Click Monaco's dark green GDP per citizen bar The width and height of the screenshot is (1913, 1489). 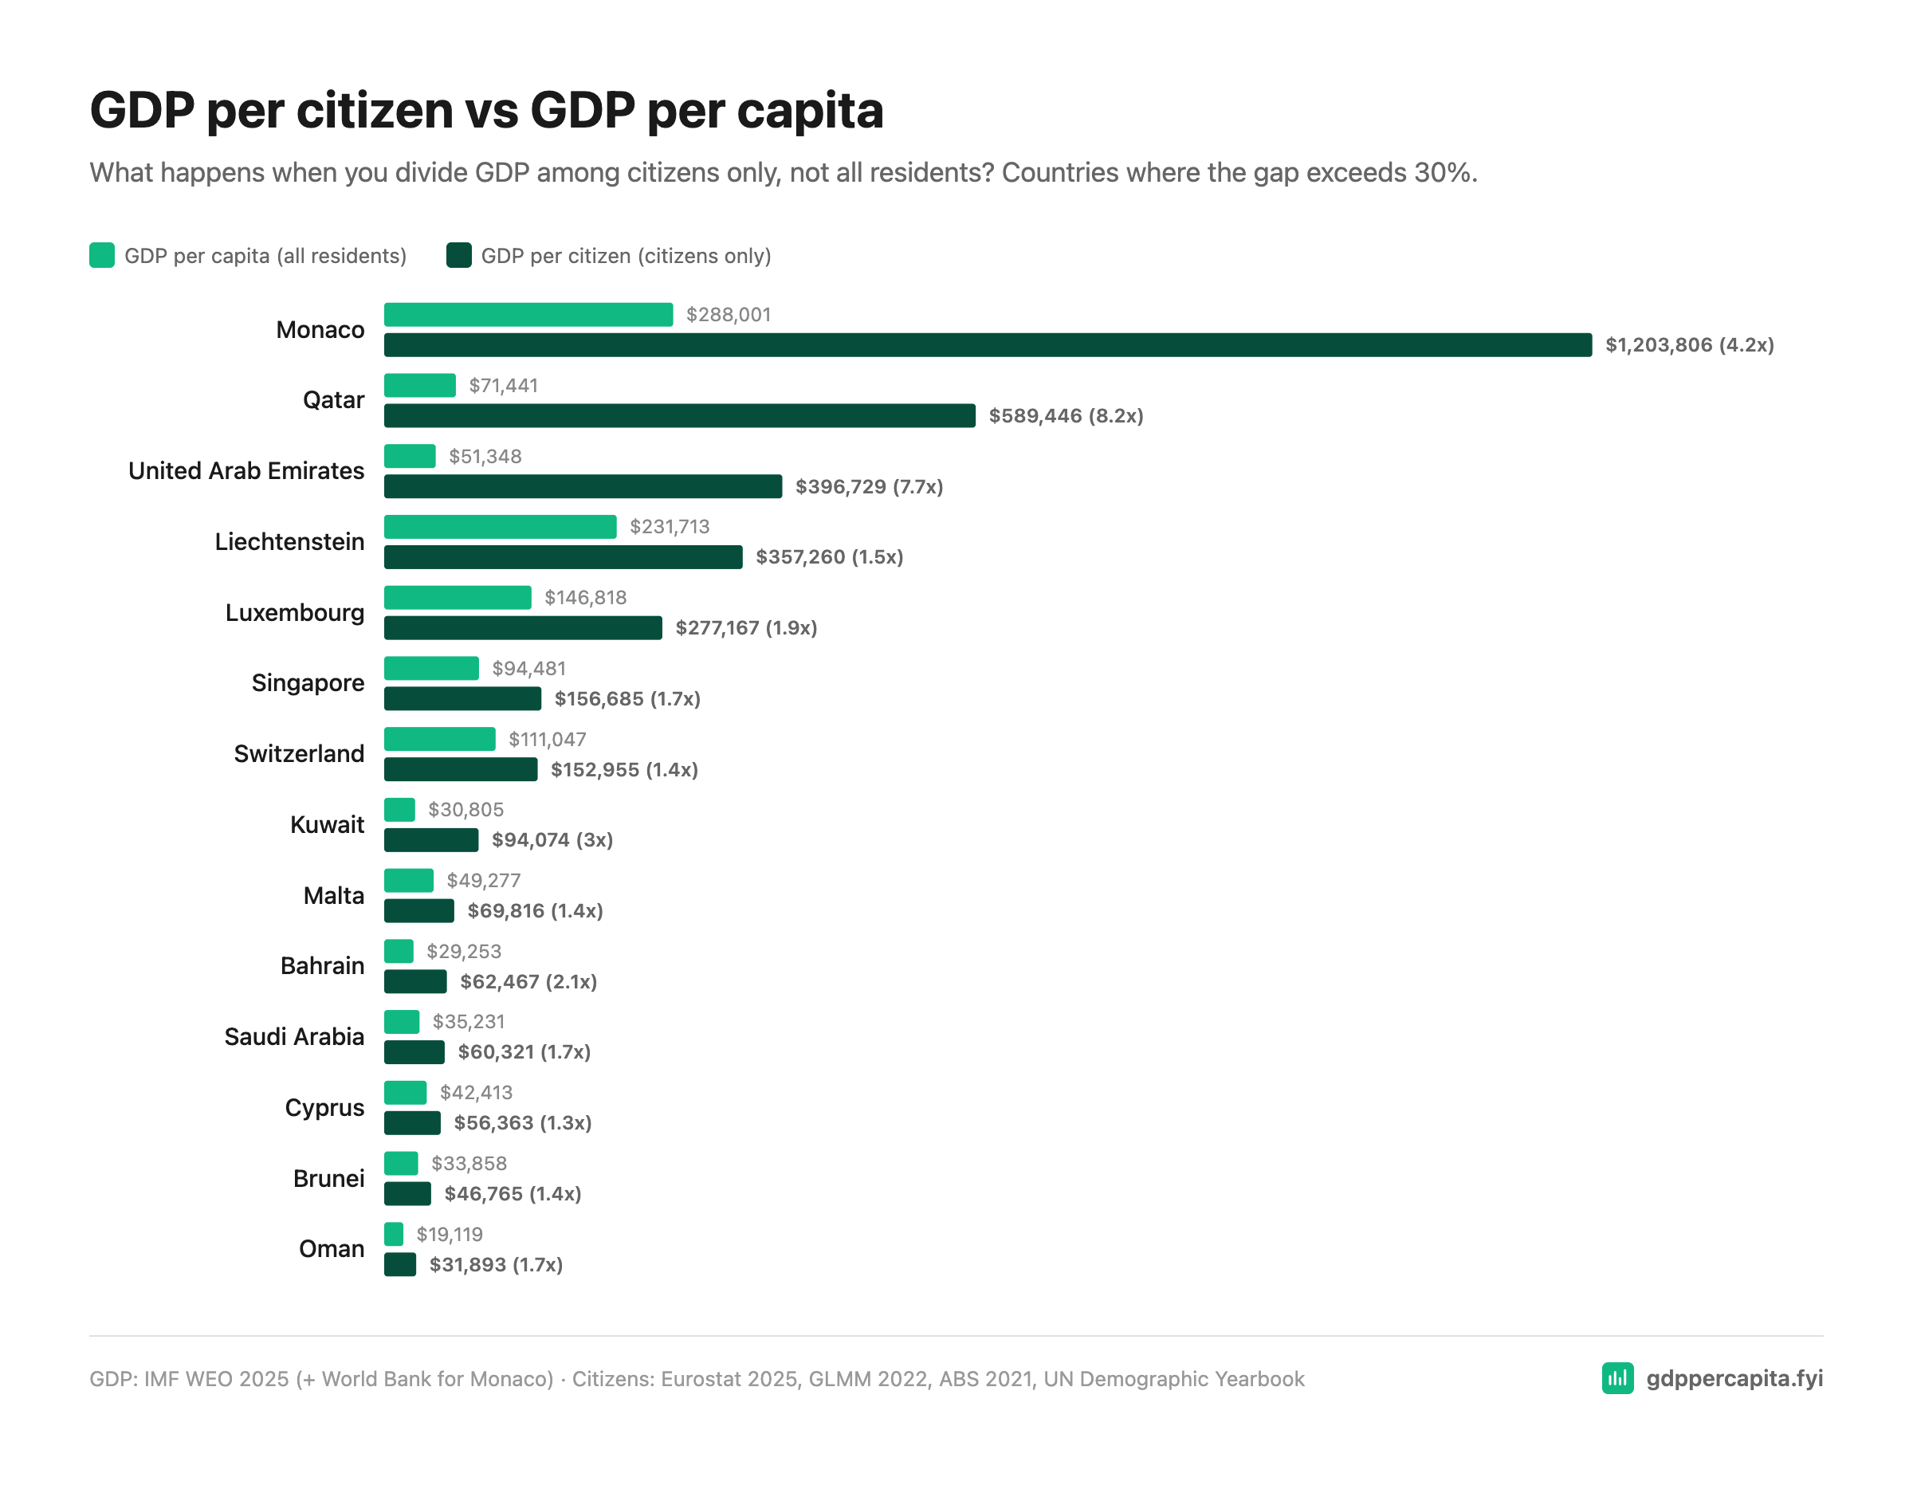point(987,345)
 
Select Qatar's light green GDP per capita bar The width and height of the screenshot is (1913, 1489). point(419,385)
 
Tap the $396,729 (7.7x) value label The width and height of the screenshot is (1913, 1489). point(869,487)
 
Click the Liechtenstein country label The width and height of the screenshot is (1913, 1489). point(289,542)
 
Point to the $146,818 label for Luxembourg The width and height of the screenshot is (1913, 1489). point(585,598)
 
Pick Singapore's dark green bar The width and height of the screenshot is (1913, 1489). point(462,699)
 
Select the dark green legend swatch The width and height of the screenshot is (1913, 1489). point(459,256)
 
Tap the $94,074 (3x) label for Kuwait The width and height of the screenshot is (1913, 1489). point(552,841)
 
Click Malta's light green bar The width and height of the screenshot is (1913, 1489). point(408,880)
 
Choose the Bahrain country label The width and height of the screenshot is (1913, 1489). point(321,966)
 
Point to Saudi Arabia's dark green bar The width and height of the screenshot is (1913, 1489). point(414,1053)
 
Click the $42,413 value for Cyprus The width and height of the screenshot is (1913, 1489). point(476,1093)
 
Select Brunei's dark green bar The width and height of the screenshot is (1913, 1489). point(407,1194)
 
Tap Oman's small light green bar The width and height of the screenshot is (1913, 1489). point(393,1235)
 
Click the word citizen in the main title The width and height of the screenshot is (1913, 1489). point(374,112)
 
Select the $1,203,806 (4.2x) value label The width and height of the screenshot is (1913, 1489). point(1689,345)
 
